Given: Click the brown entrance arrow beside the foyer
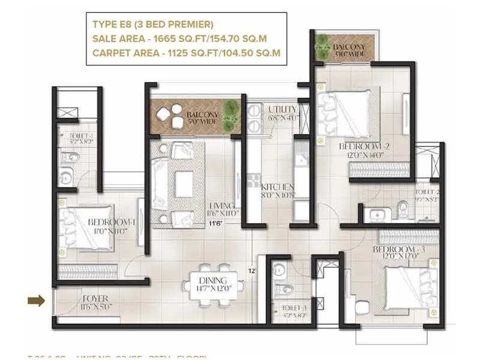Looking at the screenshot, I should click(x=37, y=301).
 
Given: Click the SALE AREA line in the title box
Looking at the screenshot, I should click(x=179, y=38).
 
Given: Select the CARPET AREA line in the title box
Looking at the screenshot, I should click(x=186, y=53).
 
